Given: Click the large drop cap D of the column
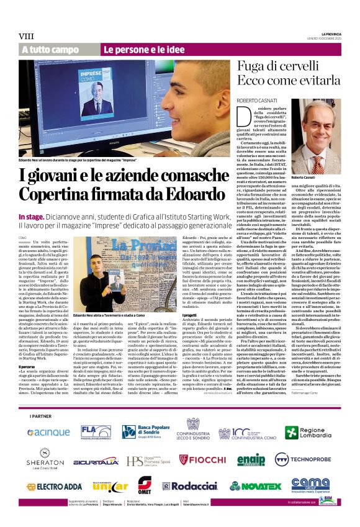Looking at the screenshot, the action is [x=228, y=115].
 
